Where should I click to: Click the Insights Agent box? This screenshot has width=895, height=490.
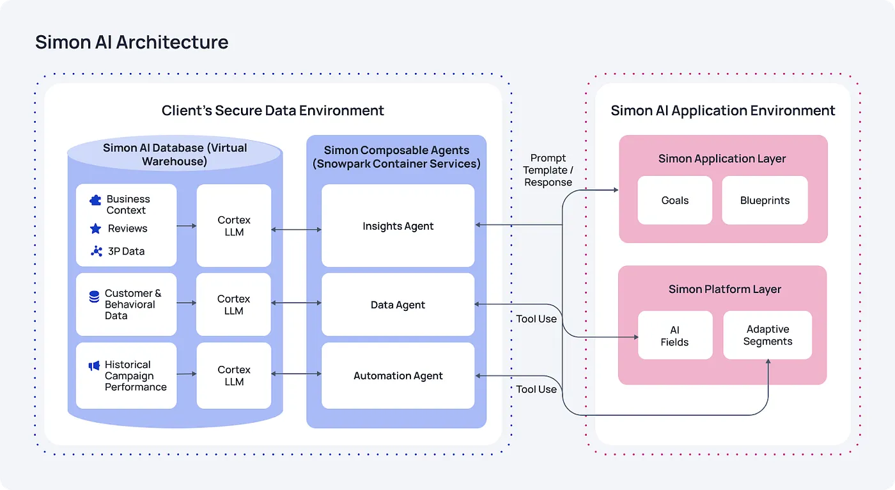[398, 226]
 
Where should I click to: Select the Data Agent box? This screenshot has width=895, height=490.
[398, 305]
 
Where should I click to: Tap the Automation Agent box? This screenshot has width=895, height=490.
[398, 376]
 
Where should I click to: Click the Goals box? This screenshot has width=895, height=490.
[674, 200]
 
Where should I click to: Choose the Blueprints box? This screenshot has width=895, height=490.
[765, 200]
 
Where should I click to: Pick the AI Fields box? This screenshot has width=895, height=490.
[674, 336]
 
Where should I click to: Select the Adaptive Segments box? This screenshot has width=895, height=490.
[767, 335]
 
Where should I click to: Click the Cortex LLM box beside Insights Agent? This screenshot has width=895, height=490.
[234, 226]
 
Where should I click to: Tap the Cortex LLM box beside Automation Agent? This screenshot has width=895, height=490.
[234, 376]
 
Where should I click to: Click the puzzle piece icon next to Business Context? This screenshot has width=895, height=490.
[95, 200]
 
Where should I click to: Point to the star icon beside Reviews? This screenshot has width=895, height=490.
[95, 228]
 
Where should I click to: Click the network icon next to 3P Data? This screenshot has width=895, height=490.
[97, 251]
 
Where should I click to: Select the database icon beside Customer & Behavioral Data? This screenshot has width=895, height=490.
[94, 297]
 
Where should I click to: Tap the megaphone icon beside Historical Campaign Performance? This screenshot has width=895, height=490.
[94, 366]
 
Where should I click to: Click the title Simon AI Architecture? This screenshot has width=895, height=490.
[132, 42]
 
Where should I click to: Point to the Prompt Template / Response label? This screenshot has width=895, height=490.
[548, 170]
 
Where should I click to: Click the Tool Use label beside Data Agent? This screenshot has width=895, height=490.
[536, 319]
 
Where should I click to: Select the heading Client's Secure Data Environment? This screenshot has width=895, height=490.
[272, 111]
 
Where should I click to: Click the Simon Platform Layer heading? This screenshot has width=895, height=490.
[724, 289]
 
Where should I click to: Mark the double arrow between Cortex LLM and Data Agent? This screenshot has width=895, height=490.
[297, 303]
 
